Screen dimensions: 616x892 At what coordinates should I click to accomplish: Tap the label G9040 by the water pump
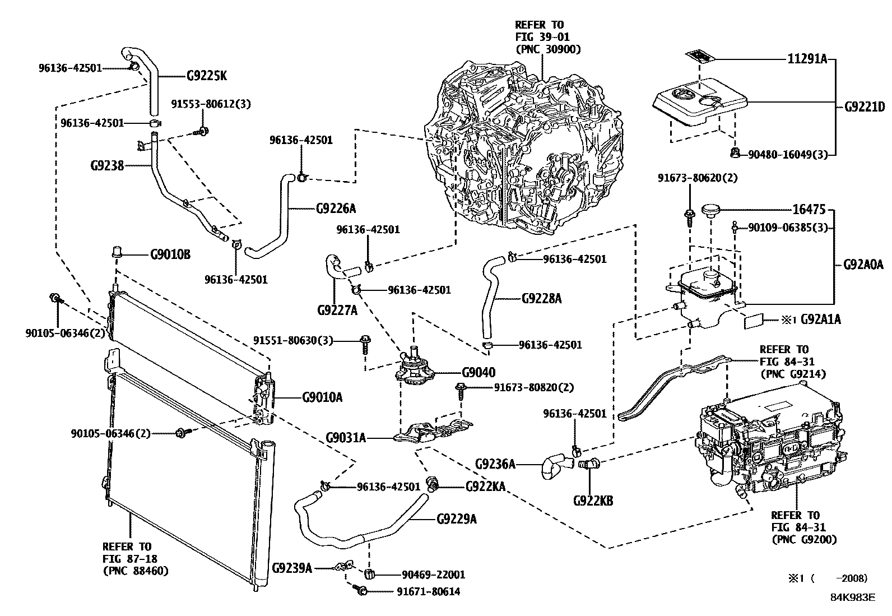pos(478,372)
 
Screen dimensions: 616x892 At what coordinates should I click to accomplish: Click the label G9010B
pos(170,254)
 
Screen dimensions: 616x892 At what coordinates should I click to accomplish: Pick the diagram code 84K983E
pos(852,598)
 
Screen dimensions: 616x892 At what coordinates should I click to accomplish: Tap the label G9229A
pos(457,518)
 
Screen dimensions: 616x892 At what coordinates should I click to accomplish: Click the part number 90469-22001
pos(433,575)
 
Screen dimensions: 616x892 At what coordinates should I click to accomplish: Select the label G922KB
pos(593,500)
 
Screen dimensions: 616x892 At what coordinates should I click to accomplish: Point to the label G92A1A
pos(820,319)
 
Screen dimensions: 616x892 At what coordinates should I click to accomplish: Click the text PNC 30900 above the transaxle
pos(547,49)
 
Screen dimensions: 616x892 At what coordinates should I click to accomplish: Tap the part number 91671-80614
pos(429,591)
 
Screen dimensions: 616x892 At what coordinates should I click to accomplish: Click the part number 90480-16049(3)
pos(791,154)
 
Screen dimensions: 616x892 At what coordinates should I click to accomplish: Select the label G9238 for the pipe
pos(107,165)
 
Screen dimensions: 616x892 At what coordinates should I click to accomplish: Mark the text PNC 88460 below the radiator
pos(136,571)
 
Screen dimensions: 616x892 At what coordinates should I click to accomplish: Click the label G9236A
pos(495,464)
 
